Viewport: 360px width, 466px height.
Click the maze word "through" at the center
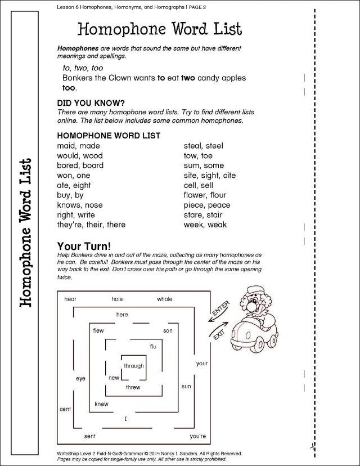tap(134, 366)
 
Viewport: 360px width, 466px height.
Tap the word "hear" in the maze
tap(70, 299)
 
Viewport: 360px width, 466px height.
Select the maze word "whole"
tap(165, 299)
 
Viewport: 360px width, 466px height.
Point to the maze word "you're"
tap(198, 436)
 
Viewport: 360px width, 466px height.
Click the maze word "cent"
tap(65, 409)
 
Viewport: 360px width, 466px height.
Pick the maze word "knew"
tap(101, 404)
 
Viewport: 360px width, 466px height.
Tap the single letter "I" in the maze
tap(126, 419)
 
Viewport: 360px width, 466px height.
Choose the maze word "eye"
tap(80, 379)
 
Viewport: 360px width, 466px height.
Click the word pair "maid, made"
tap(78, 146)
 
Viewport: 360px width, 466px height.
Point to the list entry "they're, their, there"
tap(91, 225)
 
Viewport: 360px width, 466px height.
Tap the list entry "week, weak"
tap(205, 225)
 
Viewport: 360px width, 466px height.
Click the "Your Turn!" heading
tap(84, 246)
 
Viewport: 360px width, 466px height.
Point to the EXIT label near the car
tap(219, 334)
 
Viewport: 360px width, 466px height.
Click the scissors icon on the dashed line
tap(310, 446)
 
